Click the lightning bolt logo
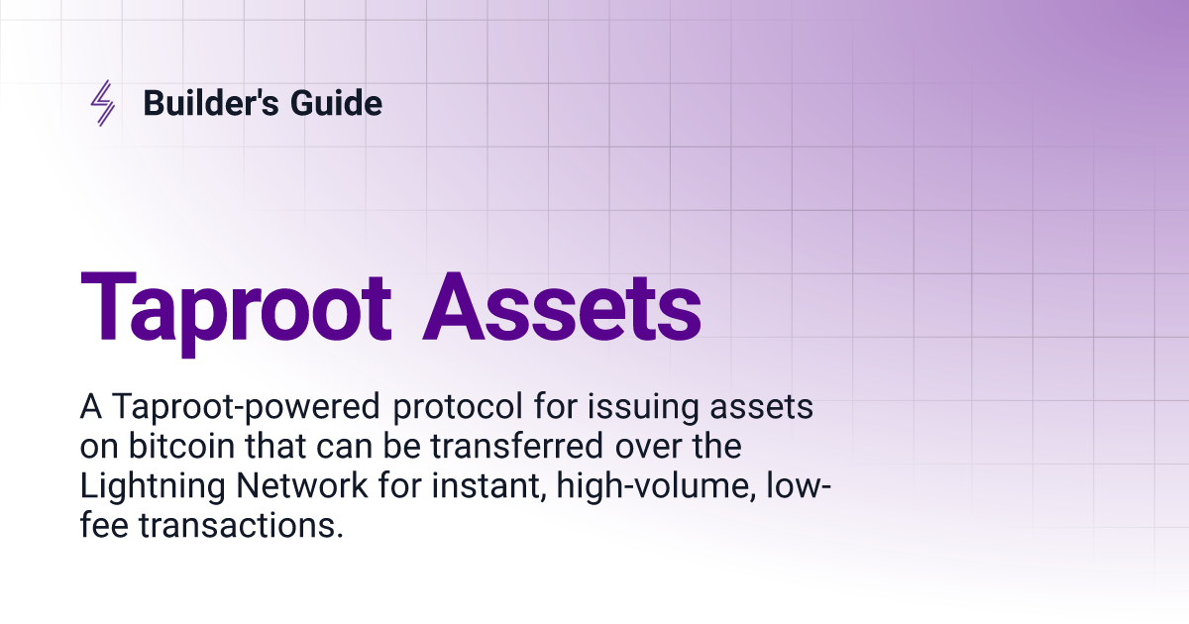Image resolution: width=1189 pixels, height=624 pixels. (x=102, y=103)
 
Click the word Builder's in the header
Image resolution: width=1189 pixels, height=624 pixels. (x=211, y=102)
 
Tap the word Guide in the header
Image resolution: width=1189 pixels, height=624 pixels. (x=336, y=102)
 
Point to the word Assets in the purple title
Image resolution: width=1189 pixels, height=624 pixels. (x=562, y=307)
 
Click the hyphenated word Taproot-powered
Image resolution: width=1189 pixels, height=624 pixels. (x=246, y=408)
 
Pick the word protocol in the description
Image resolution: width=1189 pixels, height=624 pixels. (x=458, y=408)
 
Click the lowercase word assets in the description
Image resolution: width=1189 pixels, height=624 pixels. (x=762, y=407)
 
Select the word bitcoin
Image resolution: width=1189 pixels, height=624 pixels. (x=181, y=446)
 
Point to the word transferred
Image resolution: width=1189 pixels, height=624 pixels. (x=516, y=446)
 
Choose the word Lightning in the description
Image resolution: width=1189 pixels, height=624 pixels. (x=153, y=487)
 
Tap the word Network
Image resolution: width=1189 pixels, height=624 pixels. (x=301, y=485)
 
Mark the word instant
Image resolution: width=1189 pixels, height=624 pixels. (x=488, y=486)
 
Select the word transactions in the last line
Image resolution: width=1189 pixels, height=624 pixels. (x=237, y=526)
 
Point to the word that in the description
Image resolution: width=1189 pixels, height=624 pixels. (x=275, y=446)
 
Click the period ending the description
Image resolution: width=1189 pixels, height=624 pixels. (x=340, y=536)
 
